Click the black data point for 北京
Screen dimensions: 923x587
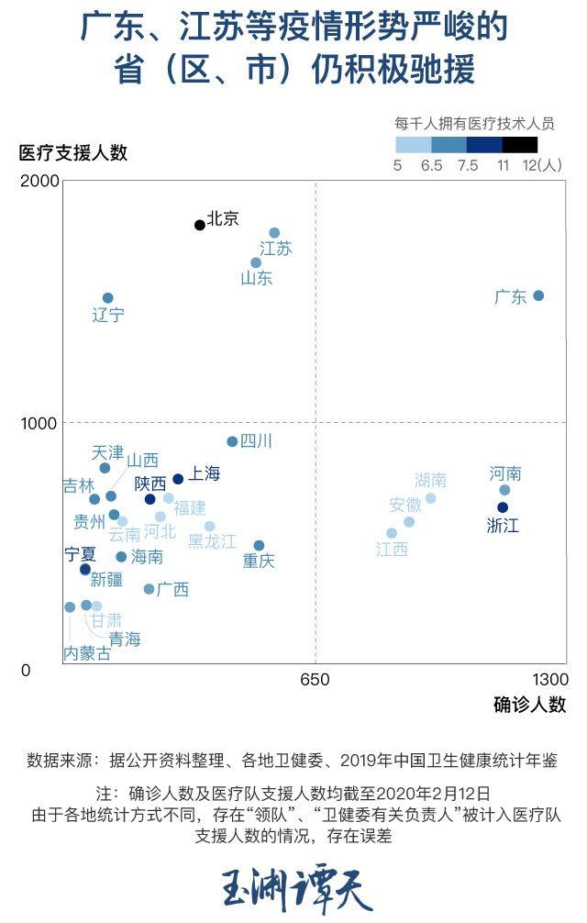200,225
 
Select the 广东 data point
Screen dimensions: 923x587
538,295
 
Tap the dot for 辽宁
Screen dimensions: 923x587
107,298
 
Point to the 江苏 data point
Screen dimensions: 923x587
274,233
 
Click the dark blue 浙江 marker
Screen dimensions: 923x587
503,507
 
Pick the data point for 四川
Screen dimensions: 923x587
232,441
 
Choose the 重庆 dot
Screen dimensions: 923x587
259,546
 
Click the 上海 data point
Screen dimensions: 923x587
178,479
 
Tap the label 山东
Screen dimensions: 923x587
257,278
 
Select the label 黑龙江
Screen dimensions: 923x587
212,542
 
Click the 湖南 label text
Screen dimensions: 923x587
430,480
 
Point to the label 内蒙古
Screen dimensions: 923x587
87,653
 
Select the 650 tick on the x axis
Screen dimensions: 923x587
315,680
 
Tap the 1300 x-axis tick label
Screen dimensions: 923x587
549,680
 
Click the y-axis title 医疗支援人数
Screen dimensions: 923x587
73,152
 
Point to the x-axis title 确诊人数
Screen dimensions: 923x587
529,705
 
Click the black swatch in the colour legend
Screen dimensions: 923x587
520,144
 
